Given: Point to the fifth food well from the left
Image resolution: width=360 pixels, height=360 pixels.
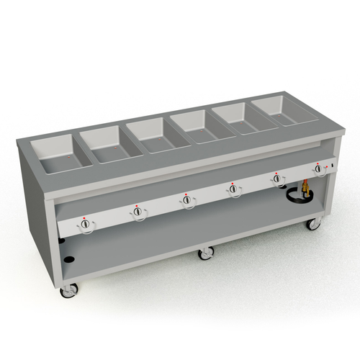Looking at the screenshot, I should pyautogui.click(x=238, y=117).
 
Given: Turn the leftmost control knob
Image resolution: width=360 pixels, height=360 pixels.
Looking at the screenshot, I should pyautogui.click(x=86, y=225).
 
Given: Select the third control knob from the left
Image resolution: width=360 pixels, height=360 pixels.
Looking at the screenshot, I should pyautogui.click(x=187, y=201).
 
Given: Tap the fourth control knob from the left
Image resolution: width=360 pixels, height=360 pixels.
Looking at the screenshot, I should pyautogui.click(x=234, y=189).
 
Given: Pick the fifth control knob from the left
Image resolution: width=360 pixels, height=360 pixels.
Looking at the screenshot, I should pyautogui.click(x=276, y=179).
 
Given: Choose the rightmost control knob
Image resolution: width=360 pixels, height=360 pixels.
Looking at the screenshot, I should pyautogui.click(x=318, y=169).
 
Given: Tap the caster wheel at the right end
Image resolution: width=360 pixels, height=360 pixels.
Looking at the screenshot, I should pyautogui.click(x=313, y=223).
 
